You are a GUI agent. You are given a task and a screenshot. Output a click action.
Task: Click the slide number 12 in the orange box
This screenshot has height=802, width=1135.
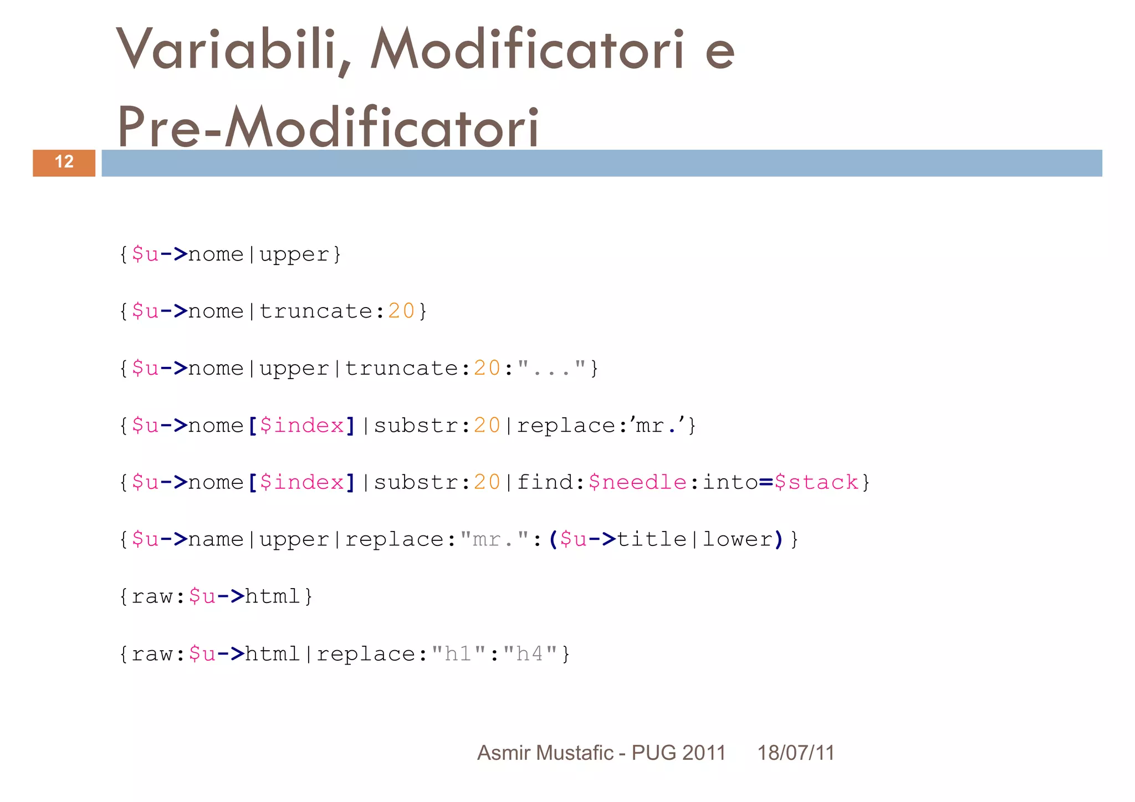[64, 162]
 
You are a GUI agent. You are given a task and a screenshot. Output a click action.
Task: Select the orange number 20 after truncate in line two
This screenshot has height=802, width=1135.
[401, 311]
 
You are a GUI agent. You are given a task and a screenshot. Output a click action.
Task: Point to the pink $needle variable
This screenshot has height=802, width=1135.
[637, 482]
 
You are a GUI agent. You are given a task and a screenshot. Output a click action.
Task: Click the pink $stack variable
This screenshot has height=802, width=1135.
[816, 482]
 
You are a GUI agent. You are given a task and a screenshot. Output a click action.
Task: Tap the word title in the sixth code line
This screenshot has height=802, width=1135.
[652, 539]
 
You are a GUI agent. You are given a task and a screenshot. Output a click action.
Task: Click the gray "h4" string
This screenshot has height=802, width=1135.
[530, 654]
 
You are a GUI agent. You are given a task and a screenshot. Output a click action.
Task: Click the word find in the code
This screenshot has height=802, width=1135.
[545, 482]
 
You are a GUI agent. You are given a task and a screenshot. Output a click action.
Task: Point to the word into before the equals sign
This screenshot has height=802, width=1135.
[730, 482]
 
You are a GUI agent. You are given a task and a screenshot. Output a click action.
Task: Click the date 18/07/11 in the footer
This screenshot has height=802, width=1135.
[796, 753]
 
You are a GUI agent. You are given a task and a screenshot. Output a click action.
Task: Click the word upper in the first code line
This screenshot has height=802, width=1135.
[294, 254]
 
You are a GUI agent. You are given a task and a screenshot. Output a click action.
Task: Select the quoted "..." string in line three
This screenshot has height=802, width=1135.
[551, 369]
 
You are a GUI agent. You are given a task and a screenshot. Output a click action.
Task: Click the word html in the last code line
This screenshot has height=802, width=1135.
[273, 654]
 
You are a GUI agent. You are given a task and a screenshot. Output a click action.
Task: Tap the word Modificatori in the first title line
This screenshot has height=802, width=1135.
[527, 50]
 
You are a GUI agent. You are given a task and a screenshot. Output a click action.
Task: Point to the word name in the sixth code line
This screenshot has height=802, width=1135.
[216, 539]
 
